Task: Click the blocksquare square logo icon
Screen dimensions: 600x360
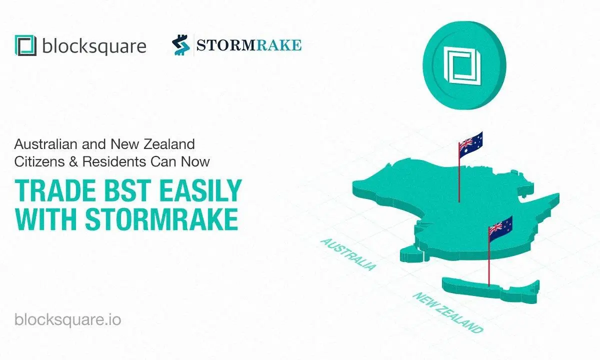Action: tap(25, 45)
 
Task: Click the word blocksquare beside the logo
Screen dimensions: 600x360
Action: tap(94, 46)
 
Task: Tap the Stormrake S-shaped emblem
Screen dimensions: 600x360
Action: tap(180, 45)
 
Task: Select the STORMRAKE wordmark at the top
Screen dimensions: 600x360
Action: tap(249, 45)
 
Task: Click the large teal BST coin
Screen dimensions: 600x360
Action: tap(464, 65)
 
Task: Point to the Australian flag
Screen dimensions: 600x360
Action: tap(470, 144)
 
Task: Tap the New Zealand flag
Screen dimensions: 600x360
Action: tap(500, 229)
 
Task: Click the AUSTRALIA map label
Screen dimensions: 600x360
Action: tap(348, 254)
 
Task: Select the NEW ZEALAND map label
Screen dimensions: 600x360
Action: tap(448, 312)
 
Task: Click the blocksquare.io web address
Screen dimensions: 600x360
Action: tap(68, 320)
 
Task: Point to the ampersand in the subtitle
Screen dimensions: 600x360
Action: tap(73, 162)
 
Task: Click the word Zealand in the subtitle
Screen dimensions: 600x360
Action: tap(169, 144)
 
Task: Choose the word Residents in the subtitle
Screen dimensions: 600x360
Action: tap(114, 162)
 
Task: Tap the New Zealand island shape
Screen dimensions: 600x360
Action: tap(490, 290)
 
